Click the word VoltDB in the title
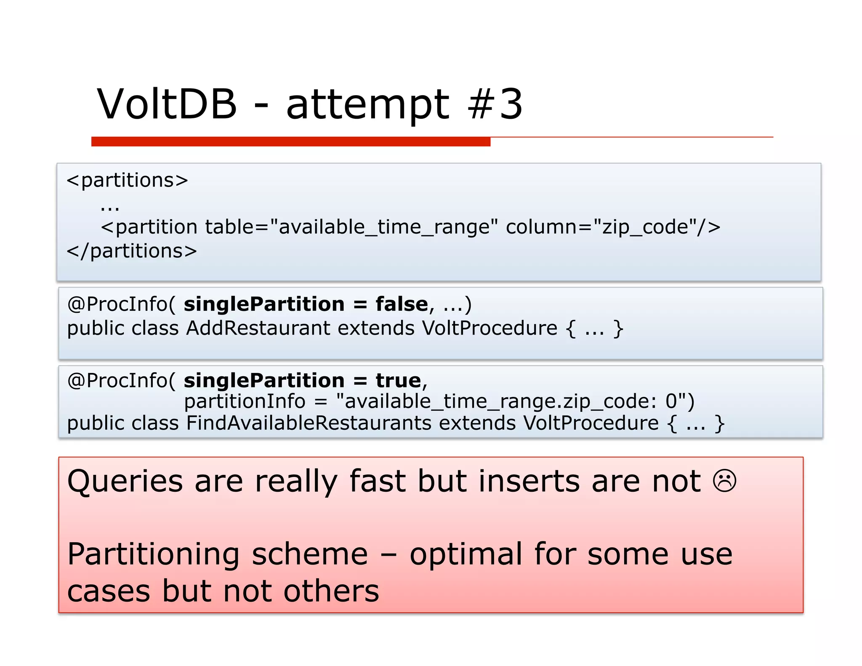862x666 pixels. point(167,104)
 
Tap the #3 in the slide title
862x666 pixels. point(495,104)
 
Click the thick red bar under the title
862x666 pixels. point(290,141)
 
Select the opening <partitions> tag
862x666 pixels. point(127,180)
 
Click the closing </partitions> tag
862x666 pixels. point(132,251)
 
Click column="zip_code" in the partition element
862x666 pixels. point(598,227)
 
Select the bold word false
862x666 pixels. point(402,304)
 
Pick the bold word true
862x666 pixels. point(398,381)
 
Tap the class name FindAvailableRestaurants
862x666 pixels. point(309,423)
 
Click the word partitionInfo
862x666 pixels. point(245,401)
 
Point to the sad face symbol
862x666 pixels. point(724,481)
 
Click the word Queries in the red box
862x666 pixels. point(125,481)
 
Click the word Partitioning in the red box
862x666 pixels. point(154,554)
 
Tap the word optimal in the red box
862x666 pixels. point(466,554)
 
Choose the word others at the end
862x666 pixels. point(331,591)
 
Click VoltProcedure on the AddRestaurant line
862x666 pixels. point(490,328)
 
